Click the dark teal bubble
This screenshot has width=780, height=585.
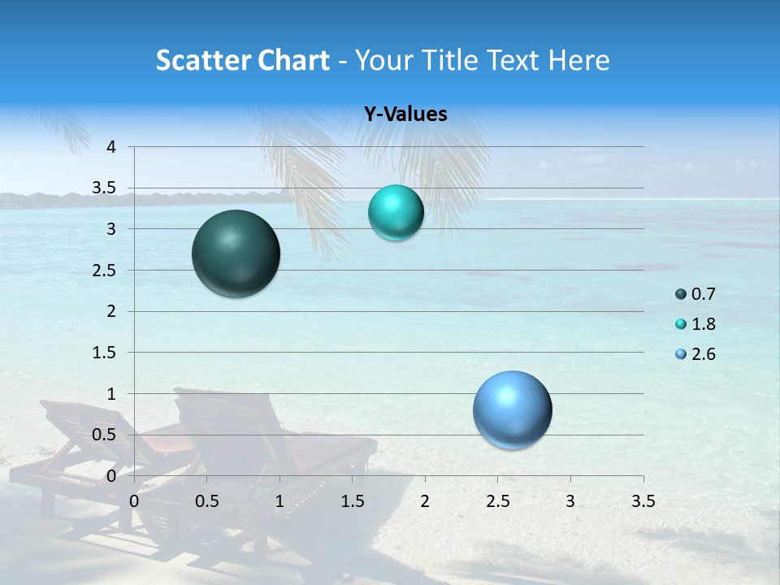236,253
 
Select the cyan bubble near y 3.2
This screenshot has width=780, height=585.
396,213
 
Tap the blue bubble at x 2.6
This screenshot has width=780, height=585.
512,409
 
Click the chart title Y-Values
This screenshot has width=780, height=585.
405,115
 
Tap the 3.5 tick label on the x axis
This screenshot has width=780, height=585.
643,500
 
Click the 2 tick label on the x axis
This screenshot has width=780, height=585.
424,500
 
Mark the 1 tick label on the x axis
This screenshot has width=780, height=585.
279,500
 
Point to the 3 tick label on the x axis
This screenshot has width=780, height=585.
570,500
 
